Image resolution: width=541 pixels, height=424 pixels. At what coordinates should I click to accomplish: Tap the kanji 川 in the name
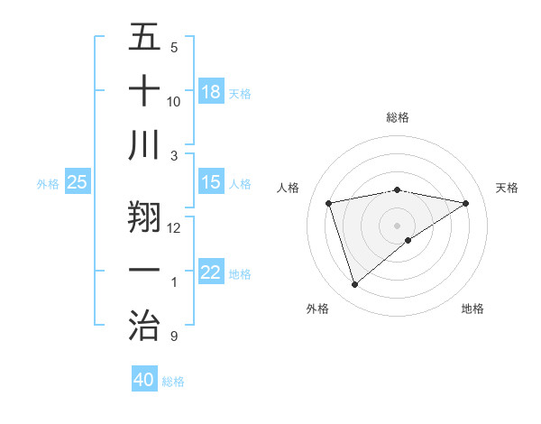[144, 144]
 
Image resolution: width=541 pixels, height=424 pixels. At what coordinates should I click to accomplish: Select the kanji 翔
[144, 215]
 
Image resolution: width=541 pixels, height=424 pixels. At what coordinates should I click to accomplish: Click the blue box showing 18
[211, 92]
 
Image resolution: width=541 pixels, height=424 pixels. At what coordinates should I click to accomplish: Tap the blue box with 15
[211, 182]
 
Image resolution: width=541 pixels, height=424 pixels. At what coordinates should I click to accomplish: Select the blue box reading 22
[211, 272]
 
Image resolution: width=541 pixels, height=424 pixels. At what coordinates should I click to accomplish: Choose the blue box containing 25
[78, 182]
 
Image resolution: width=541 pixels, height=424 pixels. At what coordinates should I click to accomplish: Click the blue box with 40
[144, 380]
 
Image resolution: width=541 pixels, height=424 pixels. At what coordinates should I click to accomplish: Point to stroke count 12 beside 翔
[174, 227]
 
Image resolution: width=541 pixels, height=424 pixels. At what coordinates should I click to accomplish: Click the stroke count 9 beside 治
[174, 337]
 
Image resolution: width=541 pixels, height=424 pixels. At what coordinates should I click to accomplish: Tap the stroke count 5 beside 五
[174, 47]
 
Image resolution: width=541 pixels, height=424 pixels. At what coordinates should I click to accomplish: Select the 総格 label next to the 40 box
[173, 382]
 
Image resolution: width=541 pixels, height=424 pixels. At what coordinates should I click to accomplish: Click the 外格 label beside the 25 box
[48, 184]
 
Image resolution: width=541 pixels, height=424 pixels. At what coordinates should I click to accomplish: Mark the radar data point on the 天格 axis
[466, 203]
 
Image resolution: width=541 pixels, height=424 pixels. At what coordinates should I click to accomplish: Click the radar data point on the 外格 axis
[354, 285]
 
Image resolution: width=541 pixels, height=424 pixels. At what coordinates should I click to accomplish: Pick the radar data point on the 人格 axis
[329, 203]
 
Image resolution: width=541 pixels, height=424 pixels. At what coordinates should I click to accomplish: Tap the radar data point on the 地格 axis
[408, 239]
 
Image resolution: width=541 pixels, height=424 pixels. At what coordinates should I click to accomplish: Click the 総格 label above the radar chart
[398, 117]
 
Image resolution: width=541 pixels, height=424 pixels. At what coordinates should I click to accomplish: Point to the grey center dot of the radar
[398, 224]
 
